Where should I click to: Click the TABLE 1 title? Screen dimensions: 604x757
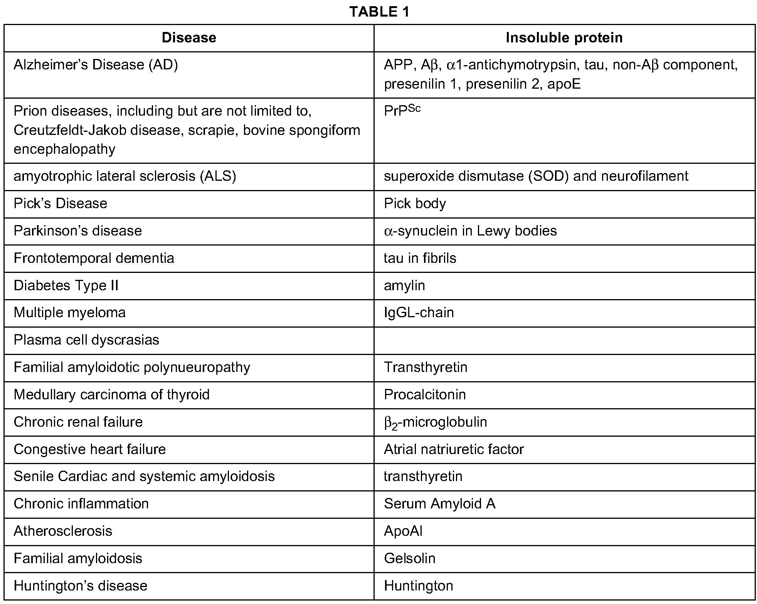click(379, 12)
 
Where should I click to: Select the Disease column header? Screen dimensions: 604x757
click(189, 38)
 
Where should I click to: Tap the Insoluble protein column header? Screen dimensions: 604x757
click(564, 38)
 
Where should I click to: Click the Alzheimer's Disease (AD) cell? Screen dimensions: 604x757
click(96, 65)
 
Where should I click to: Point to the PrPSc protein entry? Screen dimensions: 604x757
click(402, 110)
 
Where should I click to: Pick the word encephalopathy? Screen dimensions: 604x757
click(64, 149)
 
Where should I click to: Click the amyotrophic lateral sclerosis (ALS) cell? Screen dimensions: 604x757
click(124, 176)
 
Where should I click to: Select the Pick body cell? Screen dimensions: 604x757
click(415, 204)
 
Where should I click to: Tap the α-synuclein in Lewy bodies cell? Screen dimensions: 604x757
click(470, 231)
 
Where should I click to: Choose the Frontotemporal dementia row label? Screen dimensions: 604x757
click(94, 258)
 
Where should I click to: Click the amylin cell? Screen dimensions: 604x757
click(404, 286)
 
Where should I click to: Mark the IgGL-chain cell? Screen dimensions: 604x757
click(419, 313)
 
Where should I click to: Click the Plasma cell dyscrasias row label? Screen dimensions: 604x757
click(86, 340)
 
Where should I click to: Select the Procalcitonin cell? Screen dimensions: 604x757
click(425, 395)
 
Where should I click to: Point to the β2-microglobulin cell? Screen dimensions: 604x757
click(435, 422)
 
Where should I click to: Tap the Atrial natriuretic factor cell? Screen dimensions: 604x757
click(454, 449)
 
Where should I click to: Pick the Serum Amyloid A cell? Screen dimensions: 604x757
click(439, 504)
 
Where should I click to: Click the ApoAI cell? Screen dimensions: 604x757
click(403, 531)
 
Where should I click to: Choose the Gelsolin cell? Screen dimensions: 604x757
click(409, 559)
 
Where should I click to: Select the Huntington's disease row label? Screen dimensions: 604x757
click(80, 586)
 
